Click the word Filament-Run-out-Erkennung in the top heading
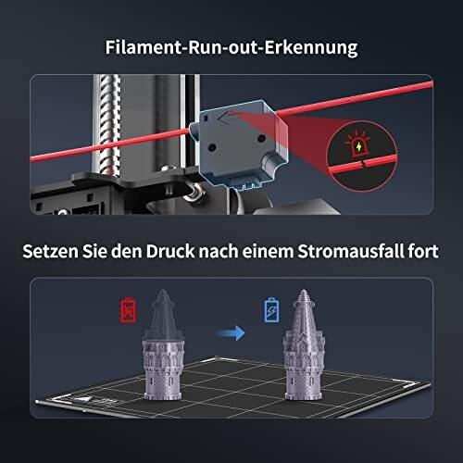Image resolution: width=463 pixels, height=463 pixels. coord(231,48)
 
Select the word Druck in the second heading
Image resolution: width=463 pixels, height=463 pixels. coord(170,251)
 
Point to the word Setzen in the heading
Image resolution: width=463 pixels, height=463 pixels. coord(50,251)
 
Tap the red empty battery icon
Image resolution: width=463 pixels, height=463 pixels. coord(128,310)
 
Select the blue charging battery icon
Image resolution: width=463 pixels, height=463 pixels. coord(271,310)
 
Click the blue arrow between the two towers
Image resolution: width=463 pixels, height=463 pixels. coord(231,333)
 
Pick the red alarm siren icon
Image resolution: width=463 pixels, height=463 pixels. coord(358,145)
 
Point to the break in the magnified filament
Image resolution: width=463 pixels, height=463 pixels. coord(365,164)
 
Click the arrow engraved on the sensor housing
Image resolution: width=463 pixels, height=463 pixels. coord(228,116)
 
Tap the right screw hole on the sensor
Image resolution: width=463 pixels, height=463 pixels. coord(261,139)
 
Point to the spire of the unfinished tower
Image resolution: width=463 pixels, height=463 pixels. coord(163,314)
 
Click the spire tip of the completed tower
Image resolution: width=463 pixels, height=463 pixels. coord(304,291)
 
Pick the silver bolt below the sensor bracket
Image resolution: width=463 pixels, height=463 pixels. coord(194,192)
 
